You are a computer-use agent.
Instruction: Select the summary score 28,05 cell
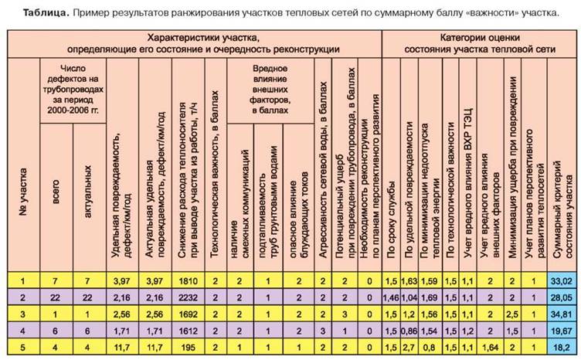[561, 297]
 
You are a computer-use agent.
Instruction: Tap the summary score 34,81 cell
[561, 314]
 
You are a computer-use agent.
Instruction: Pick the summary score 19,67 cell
[561, 330]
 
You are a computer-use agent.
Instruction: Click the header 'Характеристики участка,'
[204, 36]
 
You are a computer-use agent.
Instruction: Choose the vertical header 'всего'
[55, 193]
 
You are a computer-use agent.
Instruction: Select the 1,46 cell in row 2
[391, 297]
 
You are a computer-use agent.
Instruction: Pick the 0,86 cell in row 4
[409, 330]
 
